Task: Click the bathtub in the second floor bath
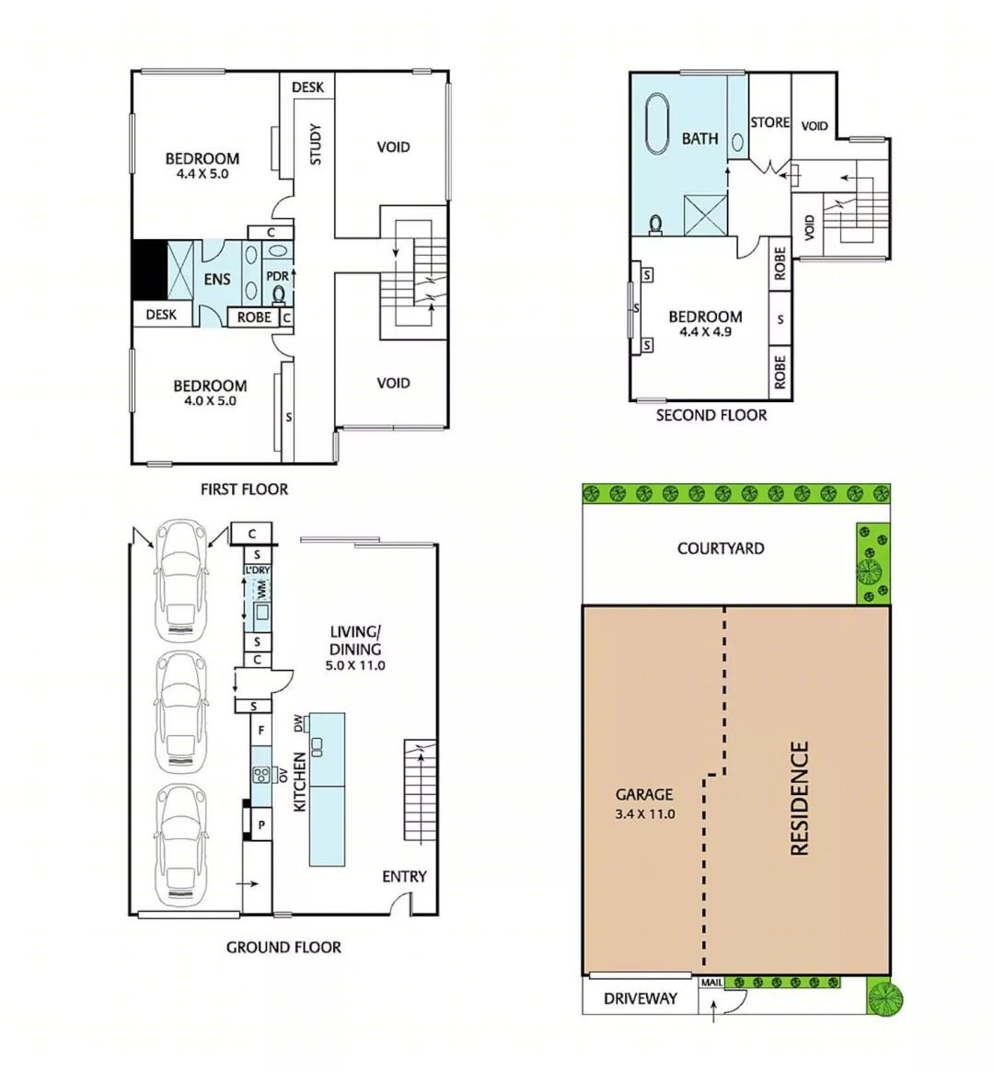click(657, 123)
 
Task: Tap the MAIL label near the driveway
click(711, 983)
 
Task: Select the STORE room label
click(769, 122)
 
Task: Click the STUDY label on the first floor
click(315, 144)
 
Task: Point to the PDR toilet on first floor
click(278, 294)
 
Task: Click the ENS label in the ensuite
click(217, 279)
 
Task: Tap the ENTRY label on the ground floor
click(404, 877)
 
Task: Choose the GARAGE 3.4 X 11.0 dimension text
click(644, 814)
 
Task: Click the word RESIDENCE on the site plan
click(799, 798)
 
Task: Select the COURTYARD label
click(721, 548)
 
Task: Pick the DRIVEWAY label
click(641, 999)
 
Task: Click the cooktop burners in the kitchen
click(261, 775)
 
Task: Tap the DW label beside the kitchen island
click(298, 723)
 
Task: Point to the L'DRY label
click(258, 571)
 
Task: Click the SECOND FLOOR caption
click(711, 415)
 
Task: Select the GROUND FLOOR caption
click(283, 947)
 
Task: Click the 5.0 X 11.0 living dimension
click(355, 665)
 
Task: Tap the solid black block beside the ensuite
click(150, 270)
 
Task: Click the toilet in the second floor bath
click(655, 225)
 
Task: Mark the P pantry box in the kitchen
click(261, 824)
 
